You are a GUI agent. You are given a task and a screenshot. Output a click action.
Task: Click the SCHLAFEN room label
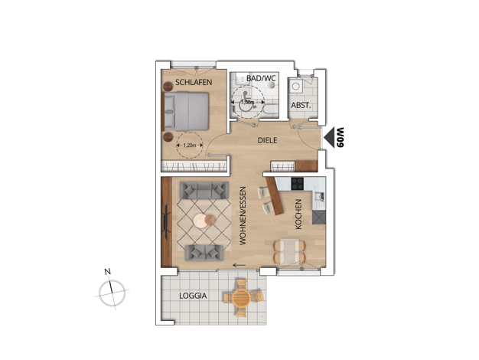[x=194, y=82]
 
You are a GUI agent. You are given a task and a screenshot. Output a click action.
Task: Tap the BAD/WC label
[x=261, y=78]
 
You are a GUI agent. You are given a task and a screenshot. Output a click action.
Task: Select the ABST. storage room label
[x=301, y=106]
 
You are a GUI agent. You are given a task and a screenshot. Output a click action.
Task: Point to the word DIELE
[x=267, y=140]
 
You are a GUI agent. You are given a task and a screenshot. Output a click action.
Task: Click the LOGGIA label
[x=193, y=296]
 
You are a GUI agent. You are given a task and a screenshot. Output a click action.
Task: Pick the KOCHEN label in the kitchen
[x=298, y=214]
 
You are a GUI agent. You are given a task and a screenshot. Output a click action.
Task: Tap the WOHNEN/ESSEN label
[x=243, y=216]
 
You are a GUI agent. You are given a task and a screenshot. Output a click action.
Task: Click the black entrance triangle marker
[x=329, y=138]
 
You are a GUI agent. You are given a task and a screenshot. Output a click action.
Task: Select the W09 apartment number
[x=340, y=137]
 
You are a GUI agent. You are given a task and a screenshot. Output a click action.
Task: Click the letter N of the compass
[x=108, y=271]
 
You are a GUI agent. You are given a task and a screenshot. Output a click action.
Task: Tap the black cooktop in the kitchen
[x=297, y=184]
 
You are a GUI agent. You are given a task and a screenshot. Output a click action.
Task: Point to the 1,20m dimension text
[x=190, y=146]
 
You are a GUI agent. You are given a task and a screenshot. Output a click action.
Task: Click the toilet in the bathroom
[x=270, y=109]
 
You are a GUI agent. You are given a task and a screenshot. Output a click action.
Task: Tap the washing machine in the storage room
[x=295, y=87]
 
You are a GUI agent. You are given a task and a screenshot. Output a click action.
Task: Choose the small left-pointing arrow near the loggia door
[x=239, y=265]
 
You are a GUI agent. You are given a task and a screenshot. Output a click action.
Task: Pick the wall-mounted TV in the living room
[x=166, y=222]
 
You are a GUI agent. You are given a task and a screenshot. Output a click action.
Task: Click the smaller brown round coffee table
[x=210, y=219]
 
